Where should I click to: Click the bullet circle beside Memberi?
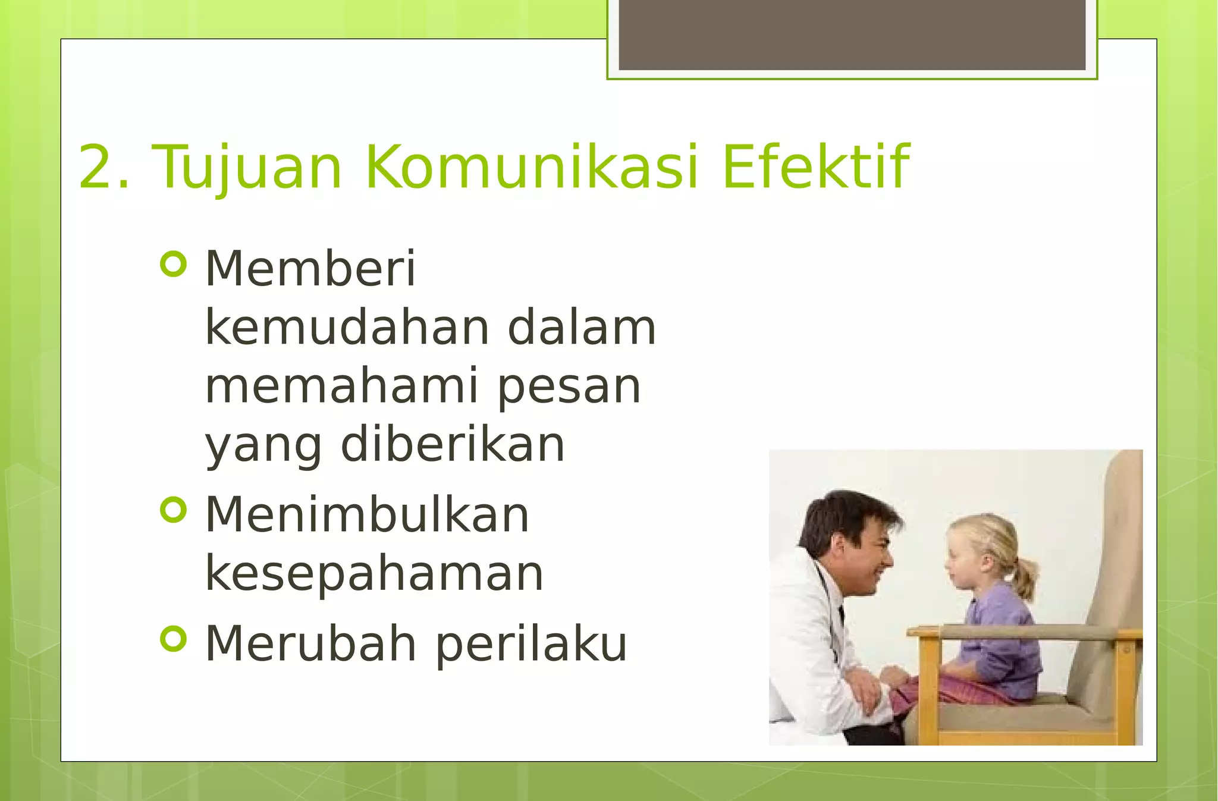tap(174, 264)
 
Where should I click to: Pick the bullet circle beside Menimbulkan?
tap(174, 510)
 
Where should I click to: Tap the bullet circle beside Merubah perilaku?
tap(174, 639)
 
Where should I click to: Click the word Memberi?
tap(310, 269)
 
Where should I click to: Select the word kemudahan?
tap(347, 328)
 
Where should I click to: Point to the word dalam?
tap(581, 328)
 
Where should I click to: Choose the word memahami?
tap(341, 387)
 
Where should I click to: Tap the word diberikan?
tap(452, 445)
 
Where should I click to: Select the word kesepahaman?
tap(374, 574)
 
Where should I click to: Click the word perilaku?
tap(531, 645)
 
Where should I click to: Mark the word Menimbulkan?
tap(367, 515)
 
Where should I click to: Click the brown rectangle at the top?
tap(852, 34)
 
